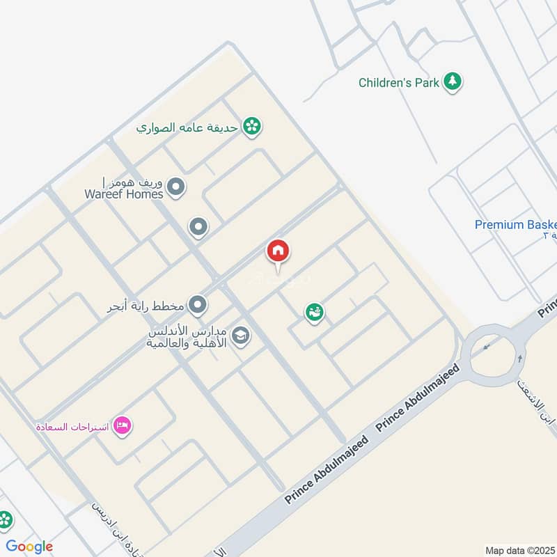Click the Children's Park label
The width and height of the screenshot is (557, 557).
tap(399, 83)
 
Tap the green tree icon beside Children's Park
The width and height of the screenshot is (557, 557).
tap(453, 82)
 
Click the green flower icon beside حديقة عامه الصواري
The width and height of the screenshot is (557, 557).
tap(252, 126)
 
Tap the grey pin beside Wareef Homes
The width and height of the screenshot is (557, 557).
tap(177, 187)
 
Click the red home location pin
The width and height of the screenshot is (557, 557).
tap(278, 252)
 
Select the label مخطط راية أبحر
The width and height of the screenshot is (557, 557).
tap(152, 305)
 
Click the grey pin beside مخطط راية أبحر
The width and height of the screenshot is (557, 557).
tap(198, 304)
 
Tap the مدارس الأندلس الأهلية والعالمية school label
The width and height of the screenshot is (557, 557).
tap(187, 338)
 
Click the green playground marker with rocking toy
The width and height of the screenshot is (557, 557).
tap(314, 313)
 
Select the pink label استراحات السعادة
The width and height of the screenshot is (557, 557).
tap(72, 425)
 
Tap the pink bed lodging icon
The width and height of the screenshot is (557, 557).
tap(123, 425)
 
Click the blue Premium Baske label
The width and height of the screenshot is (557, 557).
tap(516, 225)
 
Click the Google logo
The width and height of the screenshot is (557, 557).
tap(29, 547)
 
